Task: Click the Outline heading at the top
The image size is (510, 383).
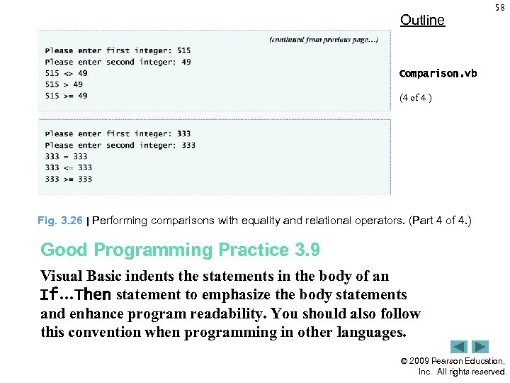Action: tap(422, 20)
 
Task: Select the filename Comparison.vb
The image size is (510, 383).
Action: tap(438, 74)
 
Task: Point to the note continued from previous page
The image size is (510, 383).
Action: tap(323, 39)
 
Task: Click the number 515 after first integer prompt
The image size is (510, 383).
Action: tap(183, 50)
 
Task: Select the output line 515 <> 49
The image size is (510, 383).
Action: tap(67, 73)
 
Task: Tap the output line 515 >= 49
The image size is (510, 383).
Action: tap(67, 96)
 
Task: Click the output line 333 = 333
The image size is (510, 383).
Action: tap(67, 156)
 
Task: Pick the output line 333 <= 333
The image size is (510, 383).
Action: tap(69, 167)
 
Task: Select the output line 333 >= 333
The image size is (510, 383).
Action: tap(69, 179)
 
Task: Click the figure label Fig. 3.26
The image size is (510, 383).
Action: tap(60, 221)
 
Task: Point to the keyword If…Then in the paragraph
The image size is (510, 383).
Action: tap(76, 295)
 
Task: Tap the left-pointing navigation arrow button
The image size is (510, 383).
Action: tap(459, 347)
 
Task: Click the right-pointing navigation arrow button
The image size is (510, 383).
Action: tap(480, 347)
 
